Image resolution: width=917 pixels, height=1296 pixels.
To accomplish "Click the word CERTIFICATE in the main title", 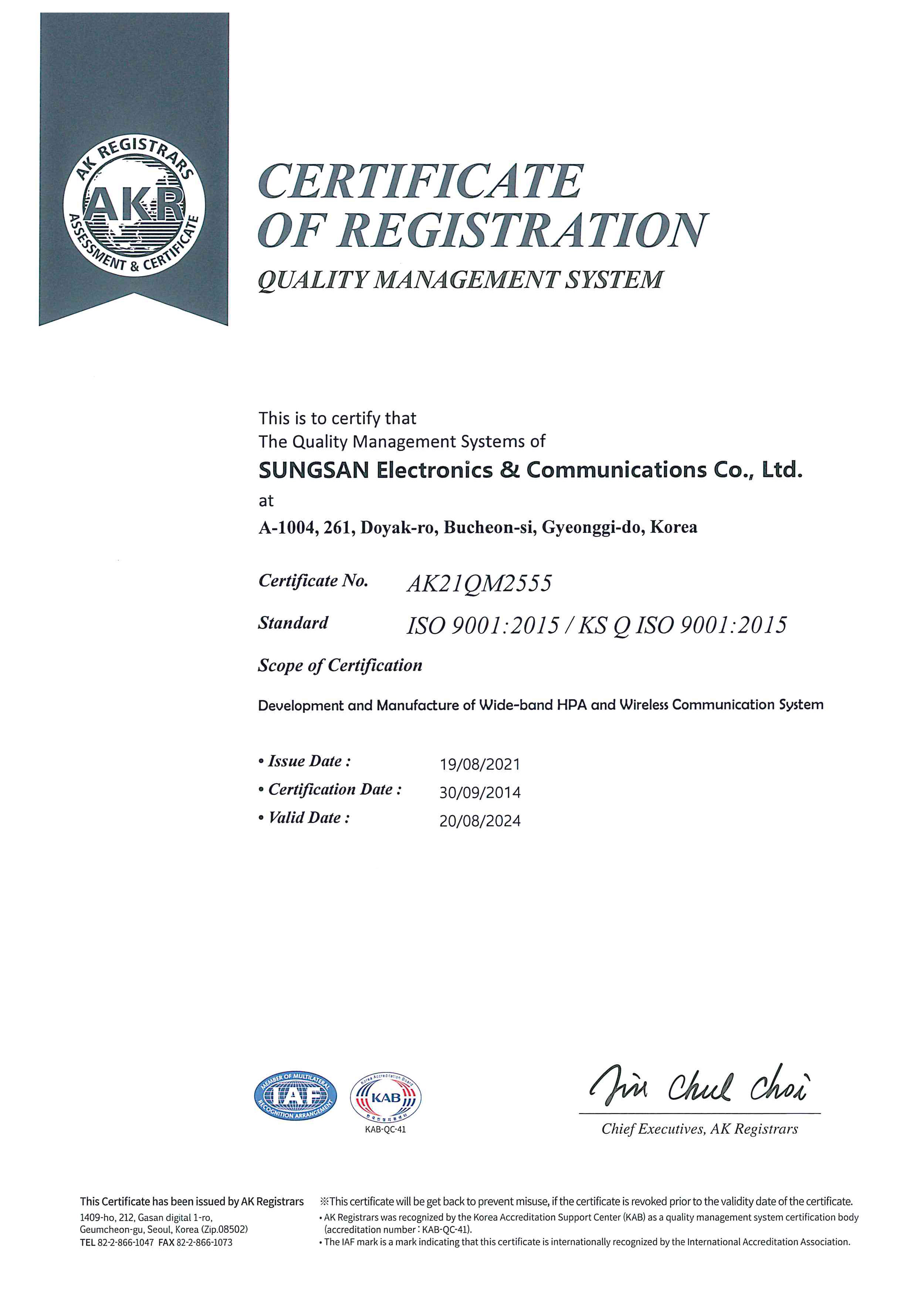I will click(421, 182).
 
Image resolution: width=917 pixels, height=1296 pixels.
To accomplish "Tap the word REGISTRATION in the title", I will click(523, 231).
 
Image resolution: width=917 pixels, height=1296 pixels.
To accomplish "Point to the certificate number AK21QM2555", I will click(479, 584).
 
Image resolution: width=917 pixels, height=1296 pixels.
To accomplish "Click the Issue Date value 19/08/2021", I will click(480, 764).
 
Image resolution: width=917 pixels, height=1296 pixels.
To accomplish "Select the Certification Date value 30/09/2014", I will click(480, 793).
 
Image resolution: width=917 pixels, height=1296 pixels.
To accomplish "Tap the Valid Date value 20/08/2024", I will click(480, 821).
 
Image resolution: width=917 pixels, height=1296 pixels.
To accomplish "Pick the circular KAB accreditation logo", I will click(386, 1098).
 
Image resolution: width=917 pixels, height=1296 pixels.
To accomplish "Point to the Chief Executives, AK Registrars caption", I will click(699, 1129).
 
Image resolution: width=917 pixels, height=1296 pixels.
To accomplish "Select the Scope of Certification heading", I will click(340, 666).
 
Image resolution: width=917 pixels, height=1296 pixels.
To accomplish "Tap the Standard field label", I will click(293, 623).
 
